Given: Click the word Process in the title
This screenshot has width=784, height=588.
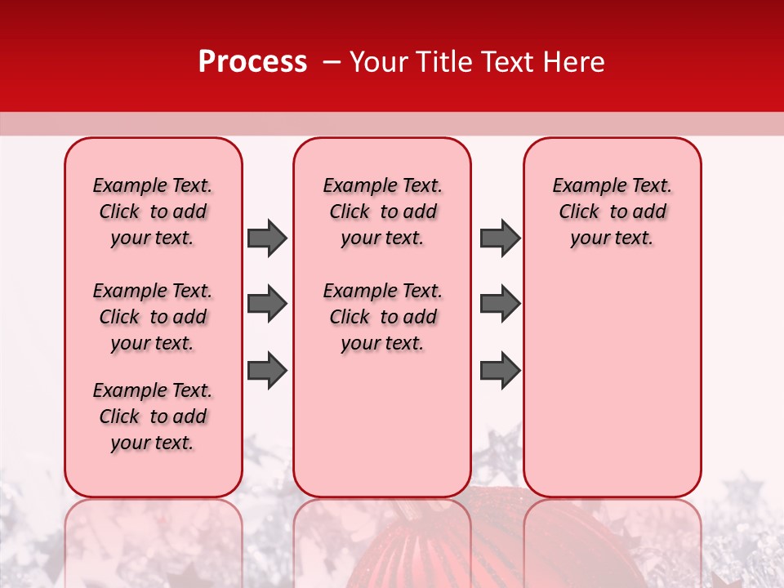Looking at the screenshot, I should click(252, 62).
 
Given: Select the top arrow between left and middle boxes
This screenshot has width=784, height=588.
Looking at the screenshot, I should click(267, 238).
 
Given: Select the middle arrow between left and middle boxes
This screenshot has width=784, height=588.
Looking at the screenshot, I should click(267, 304).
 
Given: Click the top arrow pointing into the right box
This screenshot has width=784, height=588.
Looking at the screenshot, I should click(500, 238).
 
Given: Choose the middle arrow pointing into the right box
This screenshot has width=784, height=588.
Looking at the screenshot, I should click(500, 304).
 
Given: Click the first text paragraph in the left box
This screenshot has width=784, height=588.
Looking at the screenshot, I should click(153, 212).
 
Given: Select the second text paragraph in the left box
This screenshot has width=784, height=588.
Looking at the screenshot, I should click(153, 317).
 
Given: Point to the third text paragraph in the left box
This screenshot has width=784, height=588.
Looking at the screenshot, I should click(153, 416).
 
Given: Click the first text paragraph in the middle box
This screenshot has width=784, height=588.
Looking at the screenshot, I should click(382, 212).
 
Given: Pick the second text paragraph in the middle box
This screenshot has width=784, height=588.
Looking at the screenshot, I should click(382, 317).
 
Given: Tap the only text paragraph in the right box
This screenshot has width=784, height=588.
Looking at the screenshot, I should click(612, 212).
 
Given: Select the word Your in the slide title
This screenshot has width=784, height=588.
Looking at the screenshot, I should click(379, 62).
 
